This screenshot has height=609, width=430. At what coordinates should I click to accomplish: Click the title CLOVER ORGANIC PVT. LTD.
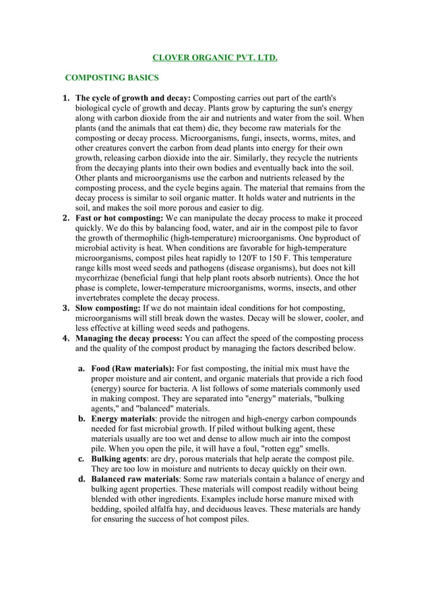pos(214,58)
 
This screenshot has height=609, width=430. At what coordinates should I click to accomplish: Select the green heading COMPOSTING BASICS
pos(112,78)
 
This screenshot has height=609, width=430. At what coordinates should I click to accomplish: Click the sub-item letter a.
pos(81,369)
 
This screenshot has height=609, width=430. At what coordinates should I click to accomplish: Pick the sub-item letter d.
pos(81,480)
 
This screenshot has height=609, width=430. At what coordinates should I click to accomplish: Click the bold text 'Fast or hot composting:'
pos(119,219)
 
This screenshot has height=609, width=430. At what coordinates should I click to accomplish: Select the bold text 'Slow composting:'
pos(109,308)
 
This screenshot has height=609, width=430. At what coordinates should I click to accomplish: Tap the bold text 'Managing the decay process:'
pos(128,339)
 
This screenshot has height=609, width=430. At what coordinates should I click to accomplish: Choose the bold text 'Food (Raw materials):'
pos(133,369)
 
